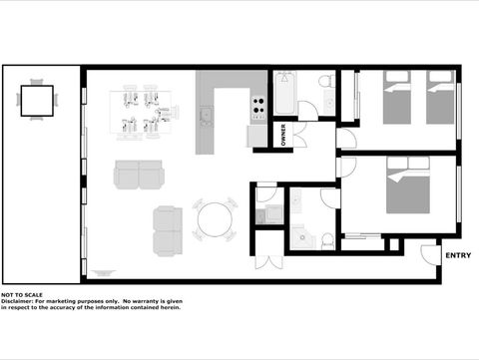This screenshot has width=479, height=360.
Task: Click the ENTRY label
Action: point(458,256)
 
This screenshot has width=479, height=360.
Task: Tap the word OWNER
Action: point(283,135)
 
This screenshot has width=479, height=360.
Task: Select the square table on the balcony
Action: point(37,100)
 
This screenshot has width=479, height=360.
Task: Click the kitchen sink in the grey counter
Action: point(207,117)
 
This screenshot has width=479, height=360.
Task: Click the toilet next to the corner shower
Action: point(326,238)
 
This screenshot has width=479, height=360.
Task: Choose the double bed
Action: point(407,190)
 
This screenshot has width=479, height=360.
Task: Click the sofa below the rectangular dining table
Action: point(140,176)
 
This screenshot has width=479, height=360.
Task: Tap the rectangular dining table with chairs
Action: point(141,111)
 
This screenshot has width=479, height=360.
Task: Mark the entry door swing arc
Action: point(429,255)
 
